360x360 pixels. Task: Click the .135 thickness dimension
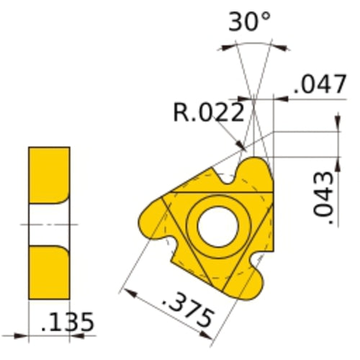(67, 322)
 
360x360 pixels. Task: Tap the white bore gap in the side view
(49, 224)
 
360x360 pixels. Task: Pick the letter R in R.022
(179, 112)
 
